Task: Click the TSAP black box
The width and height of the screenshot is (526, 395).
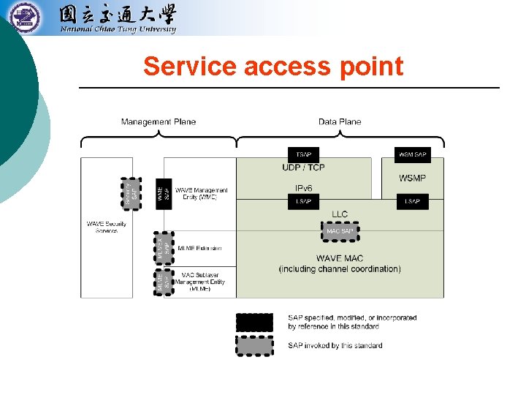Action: coord(303,155)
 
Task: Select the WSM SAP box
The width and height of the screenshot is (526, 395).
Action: coord(413,155)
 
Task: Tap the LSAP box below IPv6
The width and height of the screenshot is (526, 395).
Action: coord(303,201)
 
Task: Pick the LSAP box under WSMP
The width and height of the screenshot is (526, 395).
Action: coord(413,201)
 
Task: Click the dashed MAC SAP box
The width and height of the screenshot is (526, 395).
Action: coord(340,231)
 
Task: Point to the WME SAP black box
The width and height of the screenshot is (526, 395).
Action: coord(164,193)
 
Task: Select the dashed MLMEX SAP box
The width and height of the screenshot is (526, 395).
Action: coord(163,248)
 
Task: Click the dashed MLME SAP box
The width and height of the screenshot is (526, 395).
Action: coord(163,282)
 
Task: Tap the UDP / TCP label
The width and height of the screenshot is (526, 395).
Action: coord(303,168)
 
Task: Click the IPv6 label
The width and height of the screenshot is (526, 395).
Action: coord(303,189)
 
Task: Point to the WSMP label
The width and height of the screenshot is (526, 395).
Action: coord(413,178)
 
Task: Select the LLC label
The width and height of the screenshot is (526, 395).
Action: coord(340,214)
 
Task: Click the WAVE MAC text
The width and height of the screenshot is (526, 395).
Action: coord(340,258)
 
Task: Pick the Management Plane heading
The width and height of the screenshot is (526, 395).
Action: coord(159,121)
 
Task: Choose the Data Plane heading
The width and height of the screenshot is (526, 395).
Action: coord(340,121)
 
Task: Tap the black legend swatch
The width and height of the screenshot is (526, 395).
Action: coord(255,322)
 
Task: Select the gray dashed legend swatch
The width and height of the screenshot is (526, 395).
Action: coord(255,345)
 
